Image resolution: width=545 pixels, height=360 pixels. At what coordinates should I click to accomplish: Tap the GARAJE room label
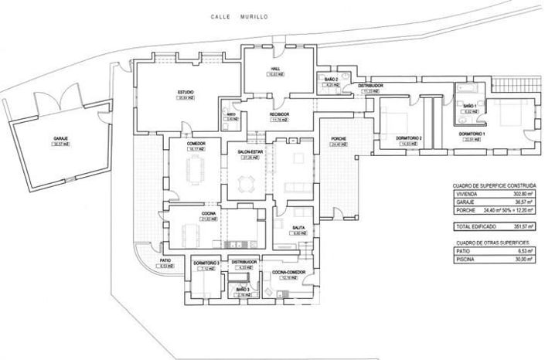point(61,139)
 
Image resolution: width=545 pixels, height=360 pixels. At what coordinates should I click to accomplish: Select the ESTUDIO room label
point(185,93)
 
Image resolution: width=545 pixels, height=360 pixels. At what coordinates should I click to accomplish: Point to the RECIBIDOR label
point(279,114)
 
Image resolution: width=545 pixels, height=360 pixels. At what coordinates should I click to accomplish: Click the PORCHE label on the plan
point(336,140)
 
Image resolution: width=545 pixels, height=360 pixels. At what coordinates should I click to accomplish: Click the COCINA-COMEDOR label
point(289,273)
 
